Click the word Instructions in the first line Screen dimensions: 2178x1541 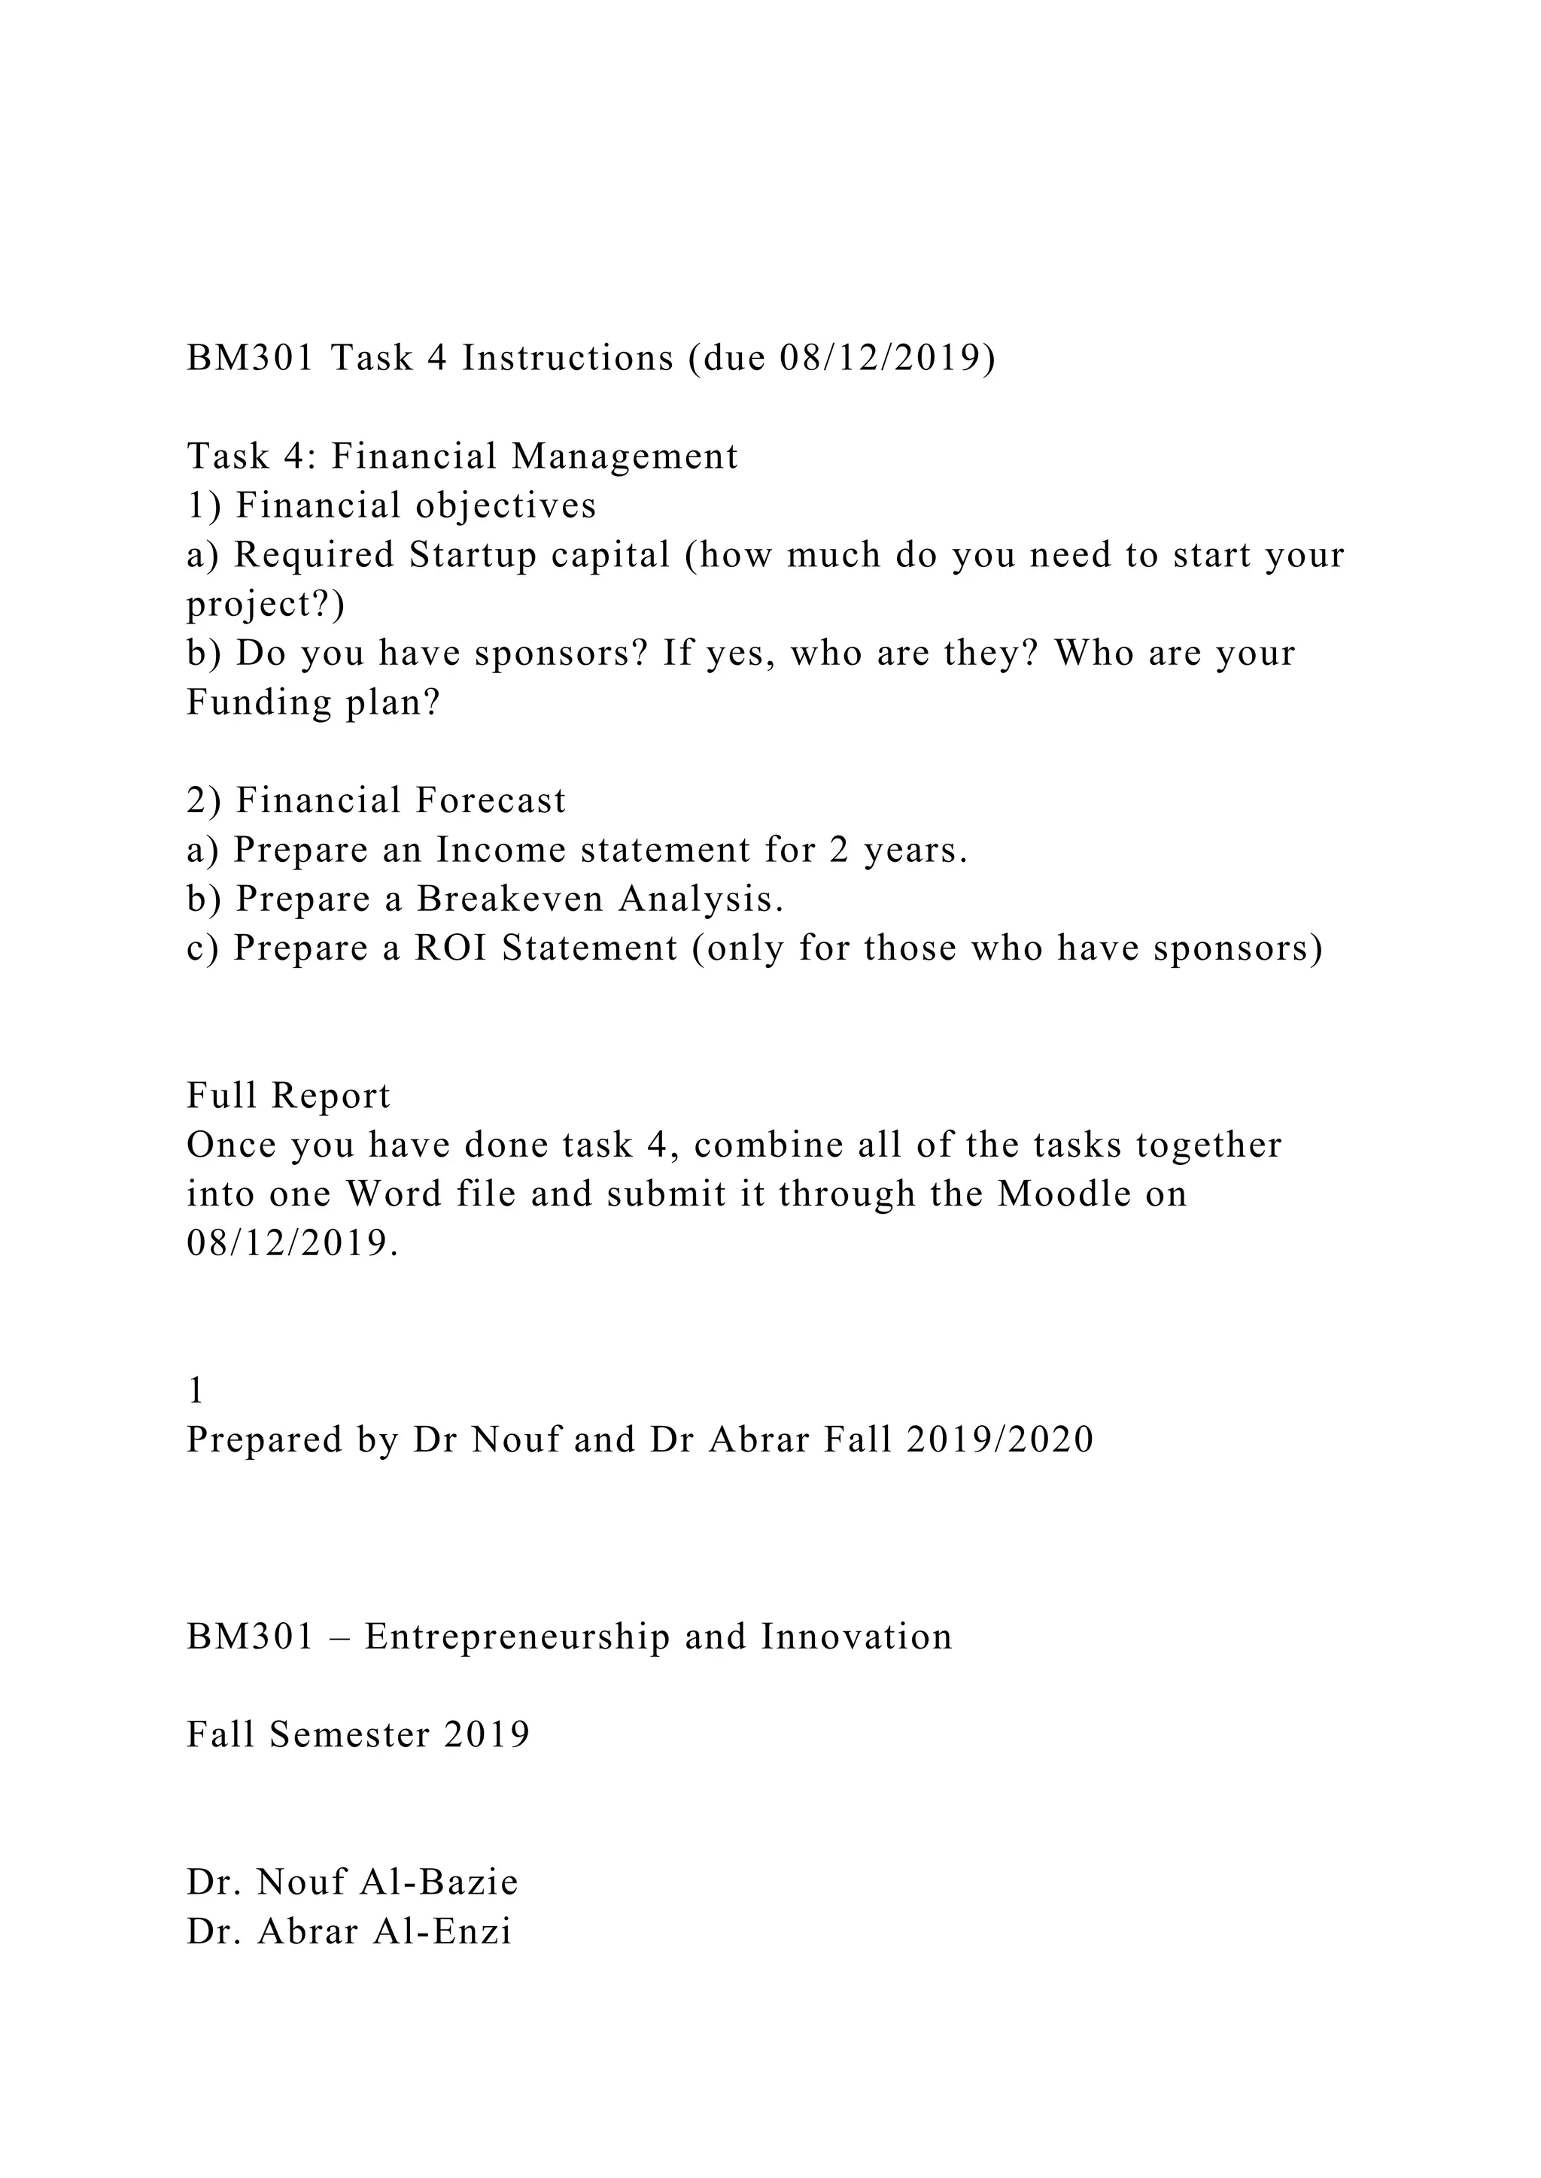[567, 359]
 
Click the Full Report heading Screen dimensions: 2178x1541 [288, 1097]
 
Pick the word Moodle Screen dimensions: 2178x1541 [1064, 1194]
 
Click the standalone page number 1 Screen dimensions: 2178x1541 [196, 1391]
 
